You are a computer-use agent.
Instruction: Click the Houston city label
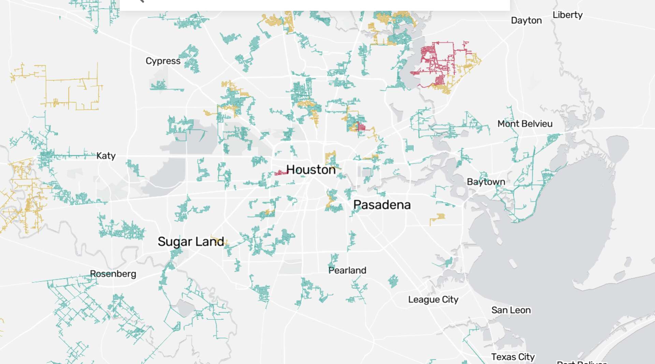(311, 170)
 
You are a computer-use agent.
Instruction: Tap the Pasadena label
(382, 205)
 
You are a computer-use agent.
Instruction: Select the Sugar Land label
(191, 242)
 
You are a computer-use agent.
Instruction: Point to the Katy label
(106, 156)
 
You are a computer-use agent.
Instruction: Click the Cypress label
(163, 61)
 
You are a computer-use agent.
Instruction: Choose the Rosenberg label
(113, 274)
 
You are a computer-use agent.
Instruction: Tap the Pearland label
(347, 271)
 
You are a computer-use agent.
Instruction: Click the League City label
(433, 300)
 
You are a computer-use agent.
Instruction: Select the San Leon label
(511, 310)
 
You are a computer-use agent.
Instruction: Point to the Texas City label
(513, 357)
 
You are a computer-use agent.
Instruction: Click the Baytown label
(486, 182)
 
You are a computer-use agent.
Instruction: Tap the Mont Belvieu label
(525, 124)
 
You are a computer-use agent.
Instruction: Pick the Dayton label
(526, 20)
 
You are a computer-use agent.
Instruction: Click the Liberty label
(567, 15)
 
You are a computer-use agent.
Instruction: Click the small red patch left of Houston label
(281, 173)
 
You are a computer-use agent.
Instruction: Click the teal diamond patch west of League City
(393, 281)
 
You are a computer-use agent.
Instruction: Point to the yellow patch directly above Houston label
(330, 158)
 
